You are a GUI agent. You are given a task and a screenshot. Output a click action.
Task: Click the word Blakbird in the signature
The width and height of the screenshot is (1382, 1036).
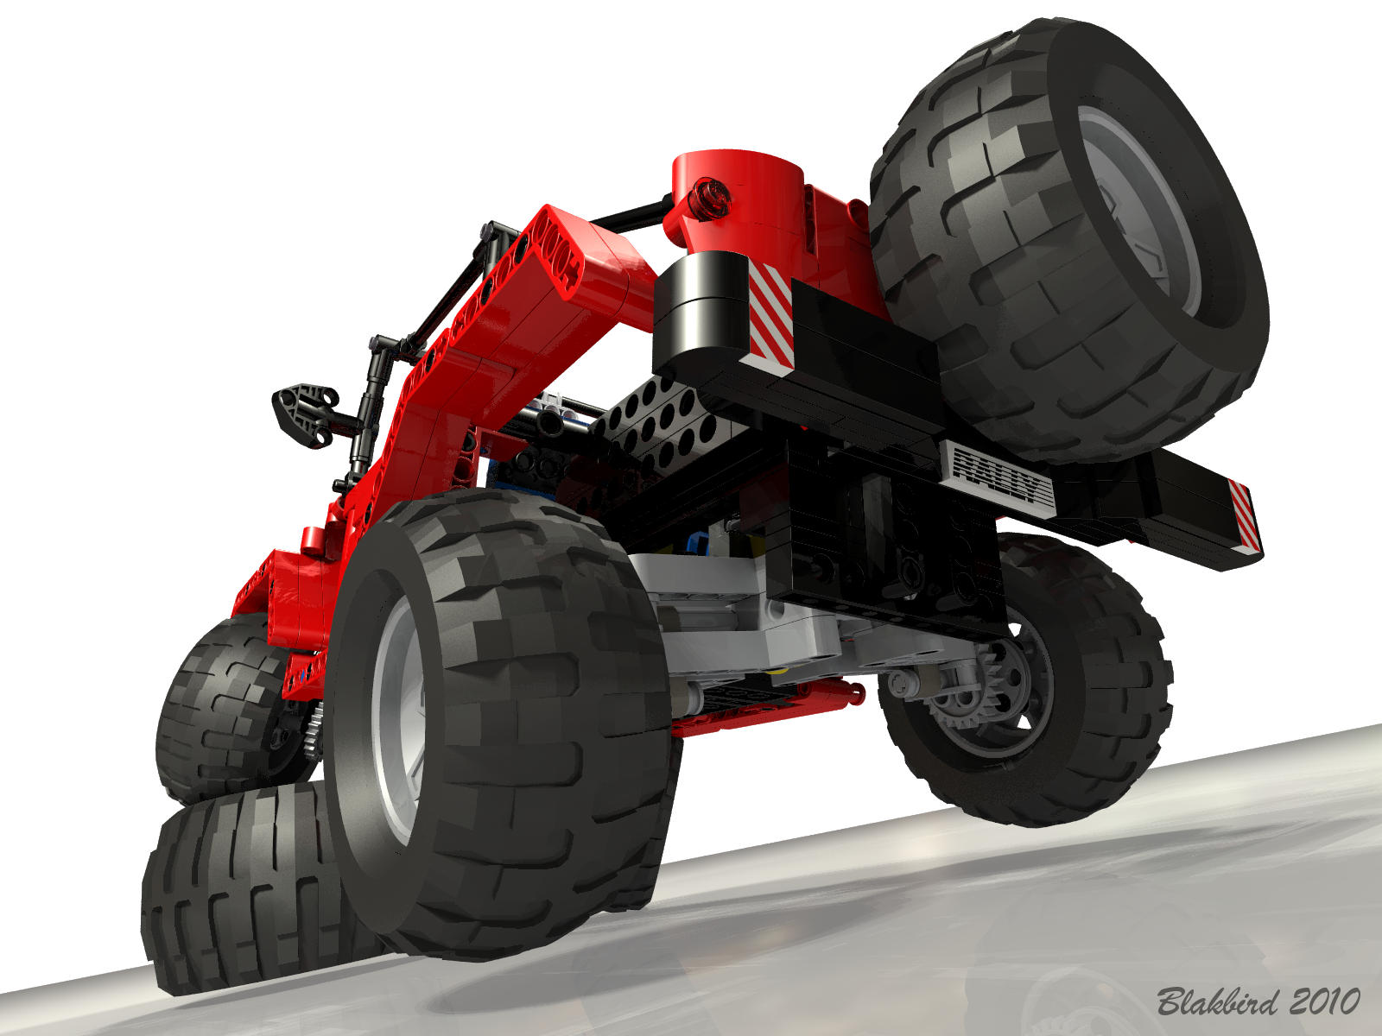pos(1218,1001)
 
